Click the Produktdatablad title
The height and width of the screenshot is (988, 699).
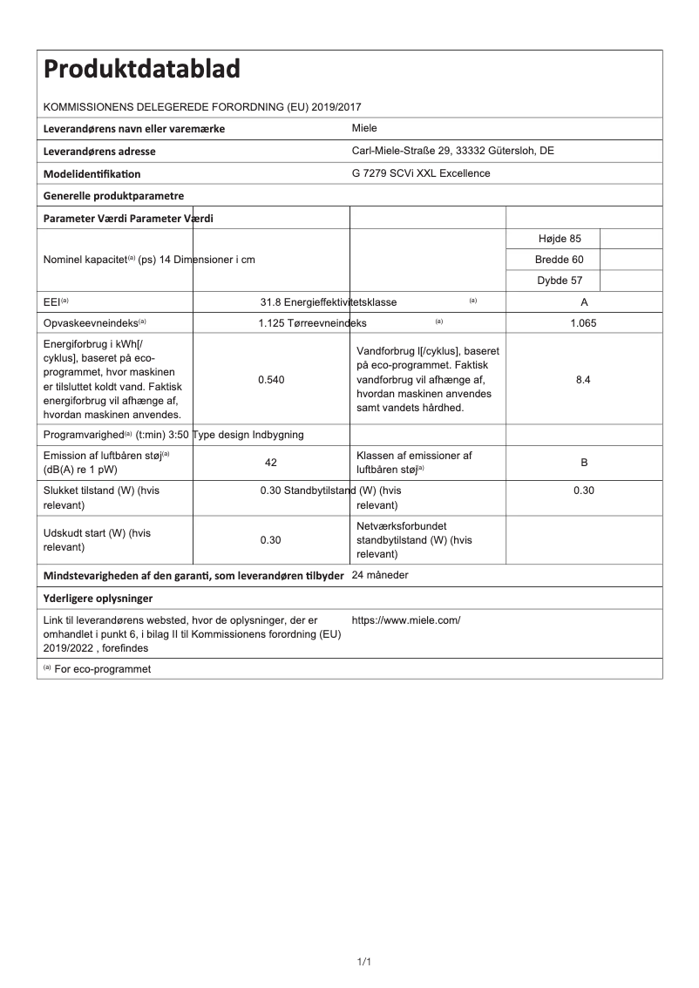[x=142, y=69]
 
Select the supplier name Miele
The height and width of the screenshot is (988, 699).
[x=364, y=128]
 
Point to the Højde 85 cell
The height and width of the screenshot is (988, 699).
[x=554, y=238]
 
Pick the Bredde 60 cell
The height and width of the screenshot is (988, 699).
[x=554, y=260]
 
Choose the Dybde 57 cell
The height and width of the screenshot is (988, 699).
[x=554, y=281]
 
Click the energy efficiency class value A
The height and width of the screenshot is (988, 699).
[x=584, y=302]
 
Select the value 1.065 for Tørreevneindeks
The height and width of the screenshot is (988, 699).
[x=584, y=323]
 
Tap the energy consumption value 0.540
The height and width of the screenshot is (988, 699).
[x=271, y=380]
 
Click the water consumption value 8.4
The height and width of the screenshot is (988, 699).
[x=584, y=380]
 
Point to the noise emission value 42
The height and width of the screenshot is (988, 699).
[x=271, y=463]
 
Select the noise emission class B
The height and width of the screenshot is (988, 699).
[x=584, y=463]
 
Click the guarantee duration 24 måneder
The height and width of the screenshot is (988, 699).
[x=380, y=575]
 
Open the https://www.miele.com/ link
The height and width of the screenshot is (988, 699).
[x=406, y=620]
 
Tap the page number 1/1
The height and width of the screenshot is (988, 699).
[x=364, y=962]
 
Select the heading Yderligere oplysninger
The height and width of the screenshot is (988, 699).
[x=98, y=599]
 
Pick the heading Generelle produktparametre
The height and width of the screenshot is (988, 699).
[x=113, y=195]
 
